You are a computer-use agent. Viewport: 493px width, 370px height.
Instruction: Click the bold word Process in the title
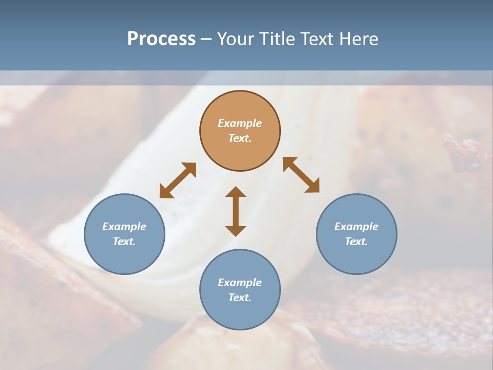(161, 39)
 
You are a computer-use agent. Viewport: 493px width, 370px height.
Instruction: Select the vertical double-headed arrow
(236, 211)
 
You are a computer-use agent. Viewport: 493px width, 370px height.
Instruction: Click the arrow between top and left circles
(178, 180)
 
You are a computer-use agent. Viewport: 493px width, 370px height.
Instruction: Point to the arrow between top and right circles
(301, 175)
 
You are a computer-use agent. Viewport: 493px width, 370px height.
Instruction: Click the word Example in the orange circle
(240, 123)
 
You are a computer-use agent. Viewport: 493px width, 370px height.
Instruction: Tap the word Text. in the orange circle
(240, 138)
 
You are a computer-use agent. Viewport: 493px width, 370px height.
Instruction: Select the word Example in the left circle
(124, 227)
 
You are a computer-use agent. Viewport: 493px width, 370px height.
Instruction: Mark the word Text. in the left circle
(124, 242)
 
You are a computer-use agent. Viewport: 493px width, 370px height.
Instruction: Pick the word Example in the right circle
(356, 227)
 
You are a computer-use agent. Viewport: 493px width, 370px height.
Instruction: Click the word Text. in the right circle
(356, 242)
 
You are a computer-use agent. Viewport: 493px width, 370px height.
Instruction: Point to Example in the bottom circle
(240, 283)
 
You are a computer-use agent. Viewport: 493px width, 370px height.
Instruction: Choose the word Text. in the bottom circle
(240, 298)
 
